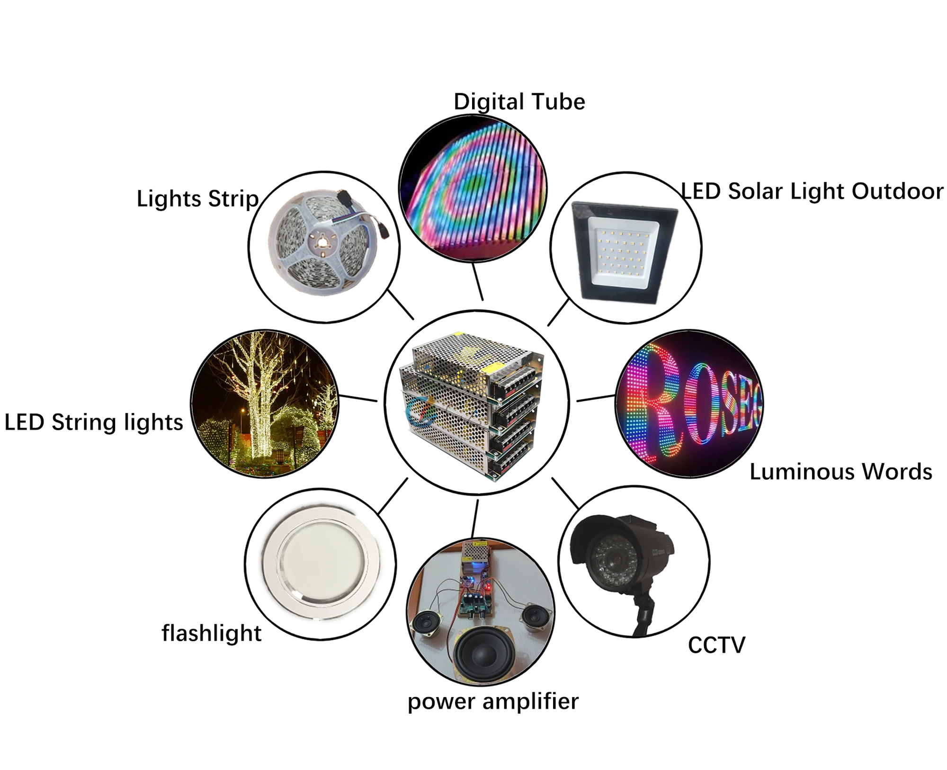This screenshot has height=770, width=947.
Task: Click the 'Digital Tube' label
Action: click(519, 102)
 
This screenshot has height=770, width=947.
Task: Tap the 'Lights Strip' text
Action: click(197, 199)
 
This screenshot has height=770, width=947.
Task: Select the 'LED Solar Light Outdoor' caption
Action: click(812, 191)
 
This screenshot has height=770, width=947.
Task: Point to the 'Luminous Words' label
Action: click(840, 472)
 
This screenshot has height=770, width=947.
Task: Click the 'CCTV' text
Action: click(716, 645)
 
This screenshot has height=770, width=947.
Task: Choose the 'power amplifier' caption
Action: click(493, 701)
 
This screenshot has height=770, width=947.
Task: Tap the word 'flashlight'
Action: click(211, 633)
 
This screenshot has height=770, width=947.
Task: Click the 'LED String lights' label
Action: click(94, 422)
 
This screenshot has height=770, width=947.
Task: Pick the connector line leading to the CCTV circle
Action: click(565, 493)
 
